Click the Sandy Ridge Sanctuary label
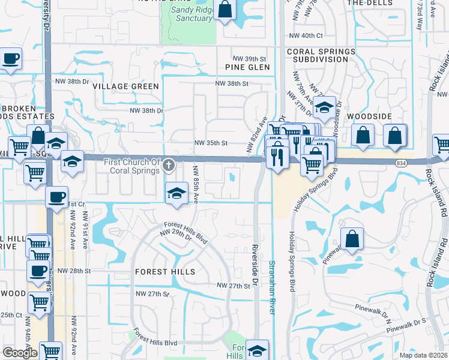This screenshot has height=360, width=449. tap(191, 14)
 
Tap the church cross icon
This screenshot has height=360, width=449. tap(170, 164)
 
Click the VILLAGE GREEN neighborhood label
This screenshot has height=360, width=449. tap(126, 86)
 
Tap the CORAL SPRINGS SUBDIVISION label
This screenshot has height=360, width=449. tap(321, 56)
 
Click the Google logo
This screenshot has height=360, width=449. tap(19, 353)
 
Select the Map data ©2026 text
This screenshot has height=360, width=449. tap(423, 355)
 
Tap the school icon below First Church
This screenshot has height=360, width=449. tap(176, 193)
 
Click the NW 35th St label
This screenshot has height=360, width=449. tap(211, 143)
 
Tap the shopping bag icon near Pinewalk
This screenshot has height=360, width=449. tap(352, 239)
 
